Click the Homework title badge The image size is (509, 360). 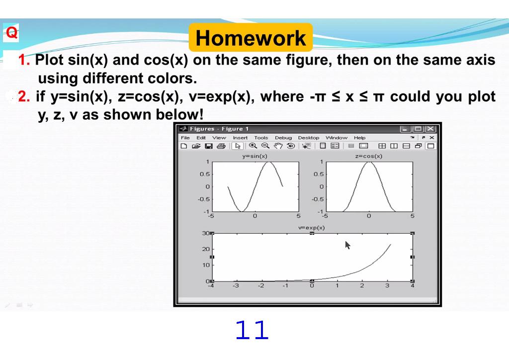[x=251, y=38]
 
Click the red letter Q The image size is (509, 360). [x=11, y=33]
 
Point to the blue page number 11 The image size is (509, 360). [x=252, y=330]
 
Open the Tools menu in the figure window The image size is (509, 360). [x=261, y=138]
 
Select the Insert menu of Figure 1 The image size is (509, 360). [x=240, y=138]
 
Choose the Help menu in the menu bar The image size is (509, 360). [x=359, y=138]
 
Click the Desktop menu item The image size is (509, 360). [x=308, y=138]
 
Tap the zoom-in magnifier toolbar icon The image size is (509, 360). [x=253, y=146]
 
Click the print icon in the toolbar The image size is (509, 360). [x=221, y=146]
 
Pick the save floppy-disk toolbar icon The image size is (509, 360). [x=209, y=146]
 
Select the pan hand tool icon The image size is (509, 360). [x=278, y=146]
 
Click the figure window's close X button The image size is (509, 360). [x=430, y=129]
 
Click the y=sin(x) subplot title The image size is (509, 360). [x=254, y=156]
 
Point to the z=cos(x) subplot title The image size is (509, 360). [x=369, y=156]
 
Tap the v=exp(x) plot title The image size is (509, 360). [x=312, y=228]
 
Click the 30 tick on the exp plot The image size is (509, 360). [x=205, y=233]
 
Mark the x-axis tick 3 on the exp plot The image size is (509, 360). [x=387, y=285]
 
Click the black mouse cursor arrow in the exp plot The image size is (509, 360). [x=347, y=245]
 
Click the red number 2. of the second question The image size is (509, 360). [x=24, y=96]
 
